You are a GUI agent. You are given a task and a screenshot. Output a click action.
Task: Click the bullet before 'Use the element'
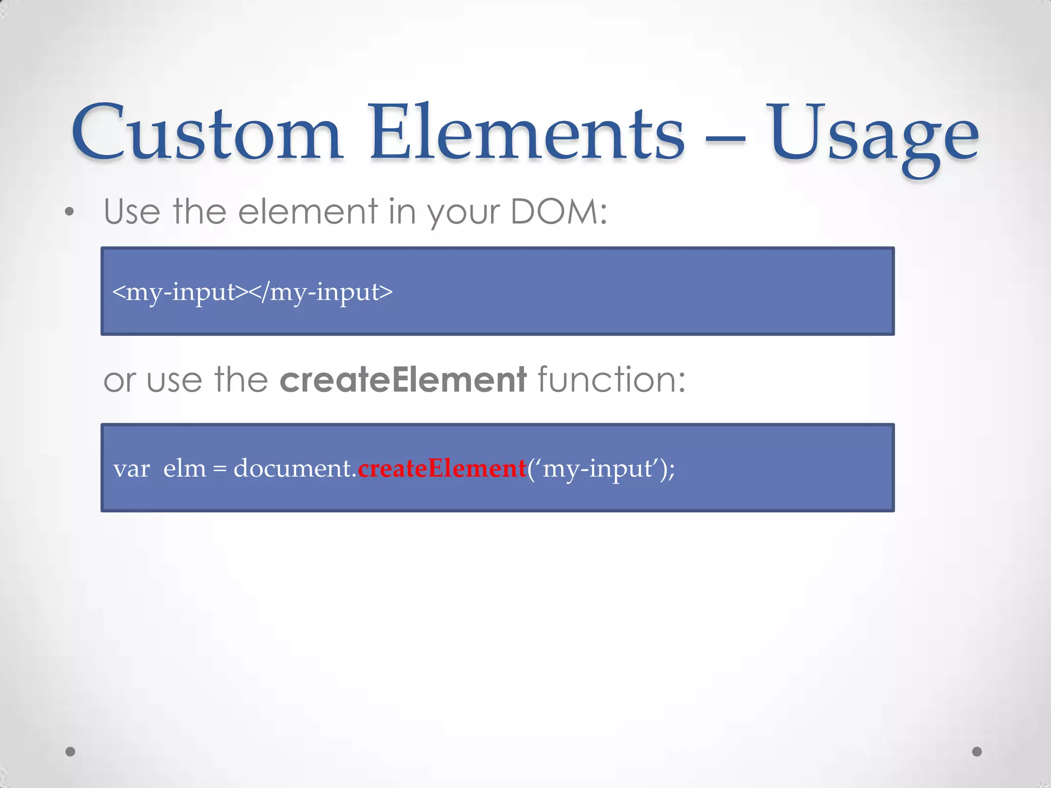70,212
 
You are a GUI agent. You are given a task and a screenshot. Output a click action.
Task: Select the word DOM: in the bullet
559,211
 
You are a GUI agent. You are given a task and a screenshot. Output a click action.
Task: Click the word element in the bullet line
308,211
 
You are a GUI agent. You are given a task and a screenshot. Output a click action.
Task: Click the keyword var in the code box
131,469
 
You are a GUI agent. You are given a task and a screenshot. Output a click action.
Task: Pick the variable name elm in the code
184,468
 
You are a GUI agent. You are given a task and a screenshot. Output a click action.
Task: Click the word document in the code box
293,468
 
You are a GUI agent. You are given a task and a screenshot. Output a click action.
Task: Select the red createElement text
442,468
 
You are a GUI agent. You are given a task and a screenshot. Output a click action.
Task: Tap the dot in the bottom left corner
71,752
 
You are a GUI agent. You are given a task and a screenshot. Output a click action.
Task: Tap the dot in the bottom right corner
977,752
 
